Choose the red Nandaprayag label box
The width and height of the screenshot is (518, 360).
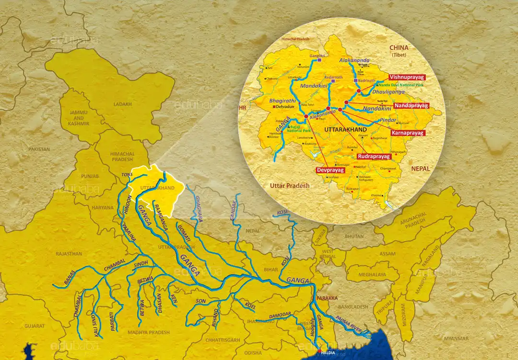click(411, 105)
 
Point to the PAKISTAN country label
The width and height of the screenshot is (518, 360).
click(39, 149)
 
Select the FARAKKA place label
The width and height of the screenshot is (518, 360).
click(327, 298)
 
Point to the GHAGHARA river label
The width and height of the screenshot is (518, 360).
click(199, 210)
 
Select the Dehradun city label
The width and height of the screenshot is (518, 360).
click(286, 108)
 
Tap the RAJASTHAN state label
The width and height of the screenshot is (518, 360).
click(68, 254)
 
